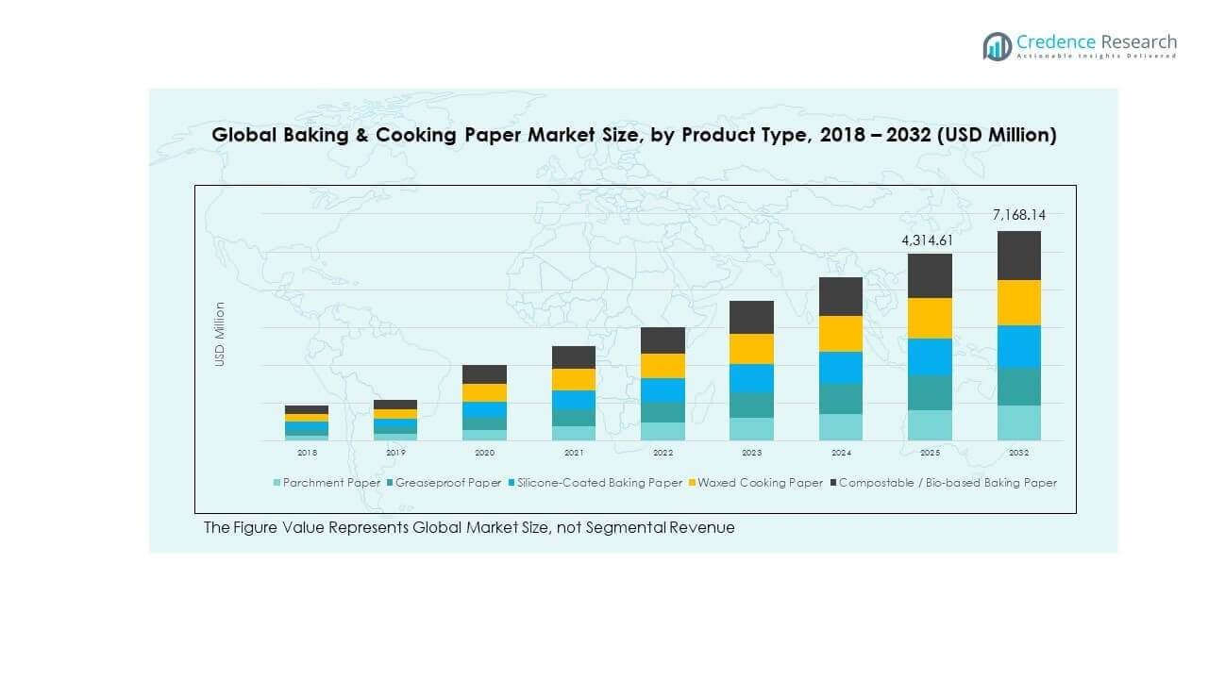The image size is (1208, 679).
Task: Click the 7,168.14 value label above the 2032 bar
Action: click(x=1018, y=215)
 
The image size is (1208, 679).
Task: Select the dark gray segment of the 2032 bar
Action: click(x=1018, y=256)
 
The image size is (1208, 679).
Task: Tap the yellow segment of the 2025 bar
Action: click(x=930, y=318)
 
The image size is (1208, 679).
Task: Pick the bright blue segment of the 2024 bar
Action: click(x=840, y=367)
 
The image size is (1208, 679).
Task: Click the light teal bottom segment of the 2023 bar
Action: click(x=751, y=429)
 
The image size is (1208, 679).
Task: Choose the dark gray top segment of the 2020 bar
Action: click(x=484, y=374)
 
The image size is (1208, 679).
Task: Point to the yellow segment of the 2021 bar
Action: click(x=573, y=379)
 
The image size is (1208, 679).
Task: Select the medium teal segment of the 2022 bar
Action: click(x=663, y=412)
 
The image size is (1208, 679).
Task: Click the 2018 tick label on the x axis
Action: click(x=307, y=453)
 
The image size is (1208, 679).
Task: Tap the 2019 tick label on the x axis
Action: click(x=395, y=453)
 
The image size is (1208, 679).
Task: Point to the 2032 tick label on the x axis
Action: click(x=1018, y=453)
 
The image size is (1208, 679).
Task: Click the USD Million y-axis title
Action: click(x=220, y=334)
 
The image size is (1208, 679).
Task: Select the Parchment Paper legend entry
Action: click(x=327, y=483)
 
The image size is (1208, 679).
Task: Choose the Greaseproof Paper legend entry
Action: click(x=443, y=483)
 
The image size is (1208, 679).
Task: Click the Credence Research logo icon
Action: click(x=997, y=46)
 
